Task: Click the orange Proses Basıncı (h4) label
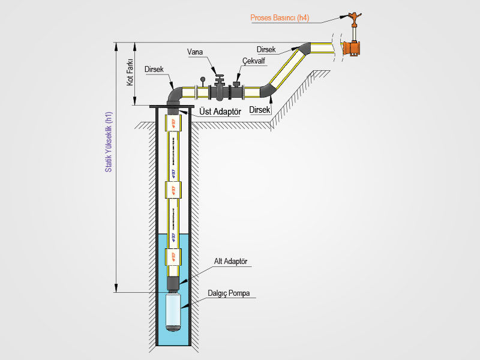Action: [280, 18]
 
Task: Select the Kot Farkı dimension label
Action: [129, 71]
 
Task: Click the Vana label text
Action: [194, 52]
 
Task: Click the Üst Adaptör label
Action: [219, 112]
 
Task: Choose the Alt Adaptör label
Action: [230, 262]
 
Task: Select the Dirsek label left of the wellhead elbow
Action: [154, 70]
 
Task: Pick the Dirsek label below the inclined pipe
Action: [260, 110]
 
